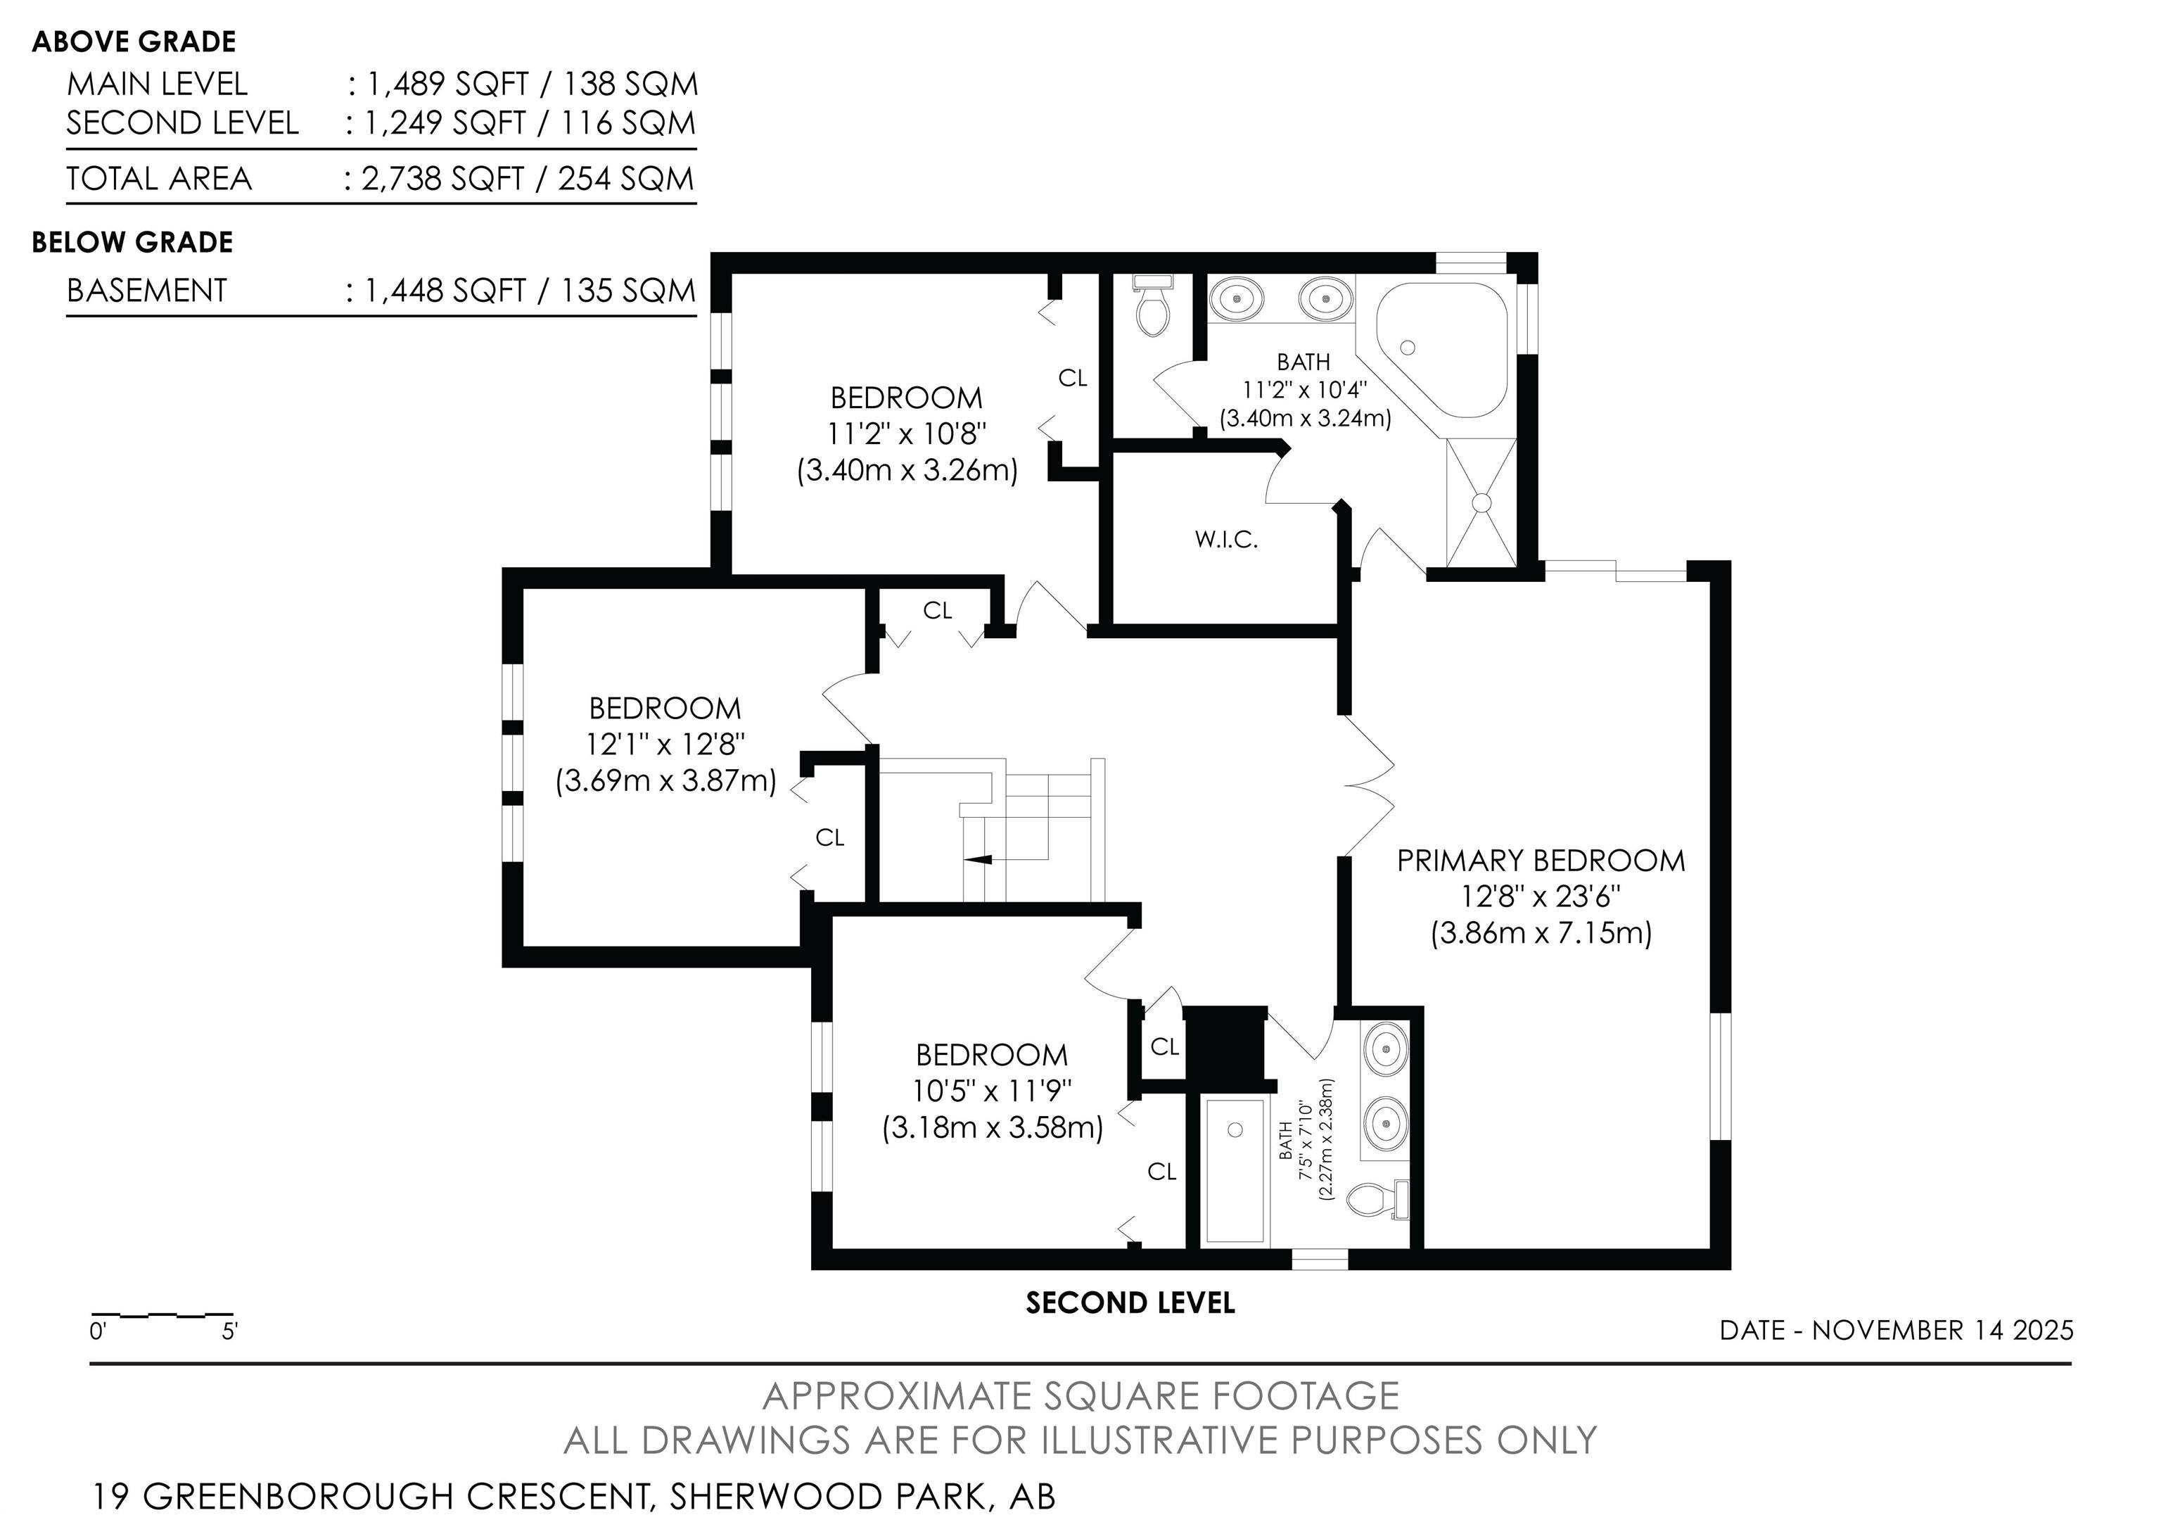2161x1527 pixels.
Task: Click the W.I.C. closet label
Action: point(1225,540)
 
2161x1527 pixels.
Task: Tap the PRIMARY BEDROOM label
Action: point(1541,861)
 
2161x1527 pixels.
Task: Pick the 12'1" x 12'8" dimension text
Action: point(665,745)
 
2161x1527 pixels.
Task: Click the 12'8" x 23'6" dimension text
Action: point(1541,896)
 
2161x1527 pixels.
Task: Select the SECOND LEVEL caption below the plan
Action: point(1130,1303)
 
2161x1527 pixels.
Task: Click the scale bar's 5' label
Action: point(229,1332)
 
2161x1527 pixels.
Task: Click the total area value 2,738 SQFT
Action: point(442,179)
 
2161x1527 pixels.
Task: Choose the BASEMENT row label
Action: point(147,290)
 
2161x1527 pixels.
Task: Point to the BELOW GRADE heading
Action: point(132,242)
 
